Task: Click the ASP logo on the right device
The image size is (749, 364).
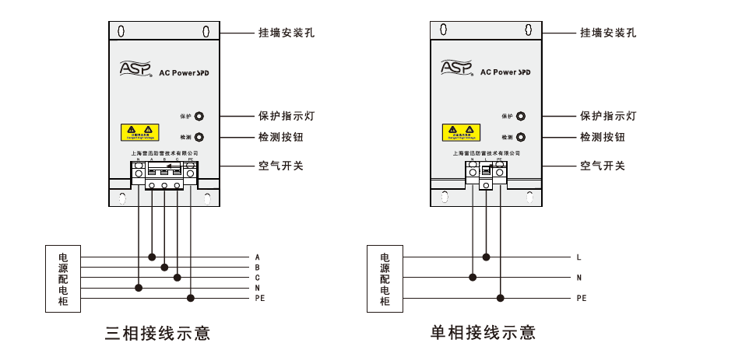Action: click(456, 68)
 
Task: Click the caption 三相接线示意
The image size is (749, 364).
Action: click(158, 334)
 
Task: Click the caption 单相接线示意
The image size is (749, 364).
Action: click(484, 334)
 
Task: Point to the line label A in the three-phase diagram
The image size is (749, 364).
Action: click(257, 257)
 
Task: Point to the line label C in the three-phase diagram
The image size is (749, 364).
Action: click(257, 278)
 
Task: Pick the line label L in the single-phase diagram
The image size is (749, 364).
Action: click(578, 257)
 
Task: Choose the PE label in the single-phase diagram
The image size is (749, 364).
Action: click(581, 298)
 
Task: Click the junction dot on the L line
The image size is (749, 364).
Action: click(487, 257)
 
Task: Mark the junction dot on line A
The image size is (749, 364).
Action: click(153, 257)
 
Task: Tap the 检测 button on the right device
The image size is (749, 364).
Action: click(521, 137)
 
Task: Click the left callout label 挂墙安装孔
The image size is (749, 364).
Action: click(287, 33)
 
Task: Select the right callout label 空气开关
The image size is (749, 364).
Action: click(603, 166)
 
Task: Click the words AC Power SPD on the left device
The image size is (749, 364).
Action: click(185, 72)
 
